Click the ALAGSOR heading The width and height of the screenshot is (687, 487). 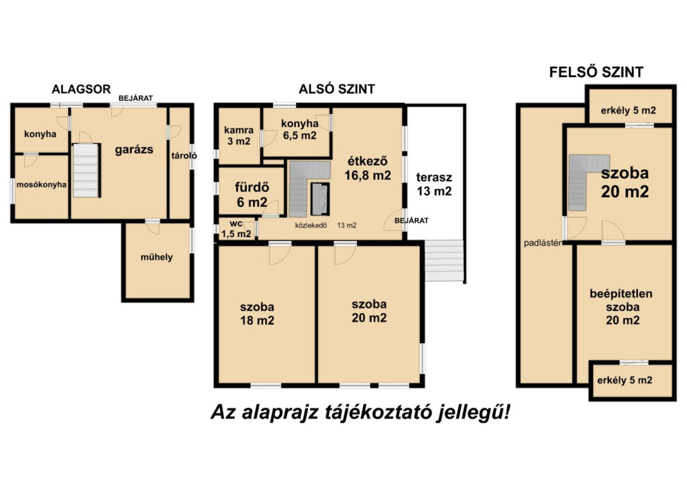(81, 89)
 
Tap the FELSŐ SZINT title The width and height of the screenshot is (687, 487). (596, 72)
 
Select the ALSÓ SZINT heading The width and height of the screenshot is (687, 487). (337, 89)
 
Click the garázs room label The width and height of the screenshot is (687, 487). (134, 150)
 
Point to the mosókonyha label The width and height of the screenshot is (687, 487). (42, 185)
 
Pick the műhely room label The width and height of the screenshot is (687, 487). (156, 257)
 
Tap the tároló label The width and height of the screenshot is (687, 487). (184, 156)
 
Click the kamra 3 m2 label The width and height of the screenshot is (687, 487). (239, 136)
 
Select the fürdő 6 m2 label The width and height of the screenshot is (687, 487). (252, 194)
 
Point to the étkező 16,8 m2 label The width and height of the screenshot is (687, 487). (368, 168)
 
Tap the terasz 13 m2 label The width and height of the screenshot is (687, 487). (434, 184)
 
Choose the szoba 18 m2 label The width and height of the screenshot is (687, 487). (257, 314)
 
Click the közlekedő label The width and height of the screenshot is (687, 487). (311, 226)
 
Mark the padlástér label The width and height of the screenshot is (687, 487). (543, 243)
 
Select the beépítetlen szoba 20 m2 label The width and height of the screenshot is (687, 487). (621, 307)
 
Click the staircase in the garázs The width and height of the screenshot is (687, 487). (86, 170)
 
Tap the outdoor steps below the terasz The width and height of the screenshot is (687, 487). (444, 261)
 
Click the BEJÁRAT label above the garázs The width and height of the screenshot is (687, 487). (136, 98)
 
